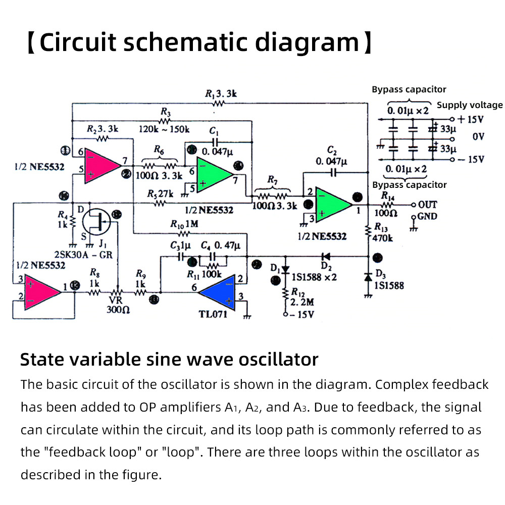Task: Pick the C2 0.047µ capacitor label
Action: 332,156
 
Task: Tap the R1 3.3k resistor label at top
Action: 221,94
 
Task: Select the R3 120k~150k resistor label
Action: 164,124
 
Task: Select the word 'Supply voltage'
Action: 470,105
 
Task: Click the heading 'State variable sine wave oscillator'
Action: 169,360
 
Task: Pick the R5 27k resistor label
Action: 161,194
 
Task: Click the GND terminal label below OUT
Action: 427,217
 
